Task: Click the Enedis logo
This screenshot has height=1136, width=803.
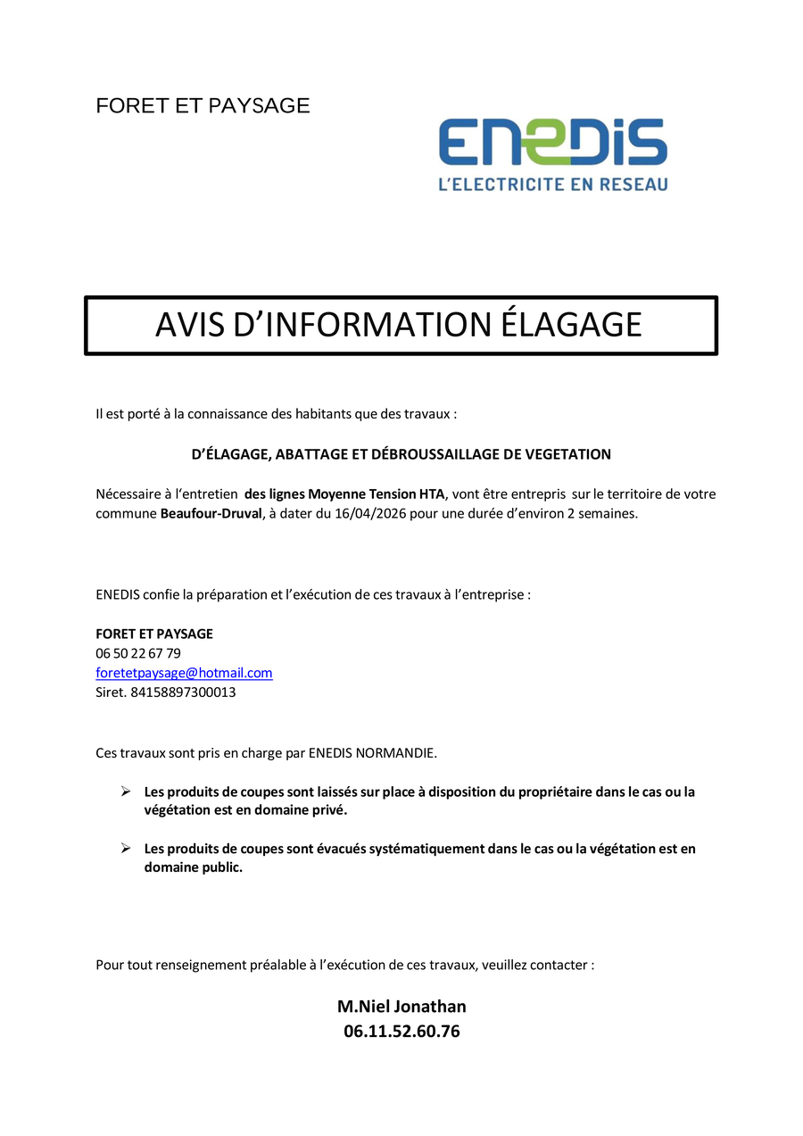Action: [552, 143]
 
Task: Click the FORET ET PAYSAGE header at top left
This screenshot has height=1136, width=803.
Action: [203, 105]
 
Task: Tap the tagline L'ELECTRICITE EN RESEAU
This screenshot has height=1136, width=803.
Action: [552, 184]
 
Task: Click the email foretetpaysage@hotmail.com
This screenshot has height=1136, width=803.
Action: [184, 673]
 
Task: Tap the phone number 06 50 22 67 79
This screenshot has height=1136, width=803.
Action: [138, 653]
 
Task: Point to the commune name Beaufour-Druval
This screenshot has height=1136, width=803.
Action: [211, 513]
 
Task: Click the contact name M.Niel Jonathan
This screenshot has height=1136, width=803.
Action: [401, 1007]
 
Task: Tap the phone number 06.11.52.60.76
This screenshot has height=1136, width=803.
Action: [401, 1032]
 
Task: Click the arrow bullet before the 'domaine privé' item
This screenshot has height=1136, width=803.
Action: [126, 792]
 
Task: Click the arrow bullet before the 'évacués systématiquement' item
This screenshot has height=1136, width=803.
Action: [126, 849]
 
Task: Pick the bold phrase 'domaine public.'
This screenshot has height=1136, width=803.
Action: [193, 867]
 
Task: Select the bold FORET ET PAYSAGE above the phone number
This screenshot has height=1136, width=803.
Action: [154, 634]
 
